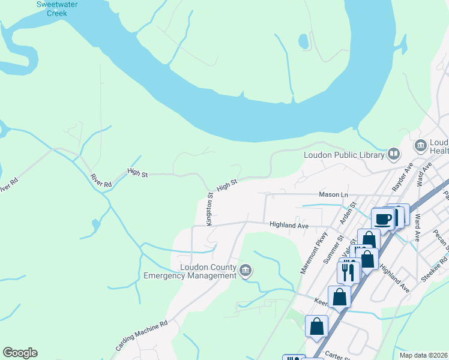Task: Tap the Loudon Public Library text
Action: (x=343, y=155)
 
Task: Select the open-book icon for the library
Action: (x=394, y=154)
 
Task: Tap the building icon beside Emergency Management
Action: (x=245, y=271)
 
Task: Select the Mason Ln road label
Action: (x=333, y=195)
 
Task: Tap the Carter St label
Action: (x=333, y=356)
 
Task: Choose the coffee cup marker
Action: (x=382, y=218)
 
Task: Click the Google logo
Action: (x=20, y=353)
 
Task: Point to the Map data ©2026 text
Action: (x=423, y=355)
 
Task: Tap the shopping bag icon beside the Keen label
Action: (x=339, y=296)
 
